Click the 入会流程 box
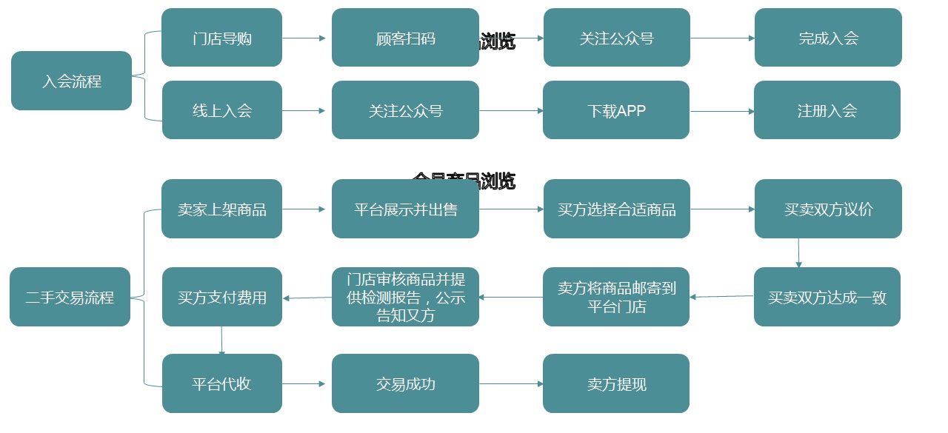(x=71, y=81)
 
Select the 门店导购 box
(x=221, y=38)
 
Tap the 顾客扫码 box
(x=405, y=38)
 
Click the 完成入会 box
(x=828, y=38)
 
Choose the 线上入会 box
(x=221, y=110)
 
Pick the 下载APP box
(x=616, y=110)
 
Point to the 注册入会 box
(x=827, y=110)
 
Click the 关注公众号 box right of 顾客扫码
(x=616, y=38)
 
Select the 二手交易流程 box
(x=70, y=298)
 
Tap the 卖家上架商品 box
(x=221, y=209)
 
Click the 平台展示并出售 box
(x=405, y=209)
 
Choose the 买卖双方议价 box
(x=828, y=209)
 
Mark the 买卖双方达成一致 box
(x=827, y=298)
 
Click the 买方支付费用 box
(x=221, y=298)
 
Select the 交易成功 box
(x=405, y=383)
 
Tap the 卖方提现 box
(x=616, y=383)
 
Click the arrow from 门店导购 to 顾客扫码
(x=304, y=38)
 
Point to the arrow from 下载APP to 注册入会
(x=722, y=111)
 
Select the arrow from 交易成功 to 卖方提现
(x=511, y=383)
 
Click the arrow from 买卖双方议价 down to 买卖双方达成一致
(x=798, y=252)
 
